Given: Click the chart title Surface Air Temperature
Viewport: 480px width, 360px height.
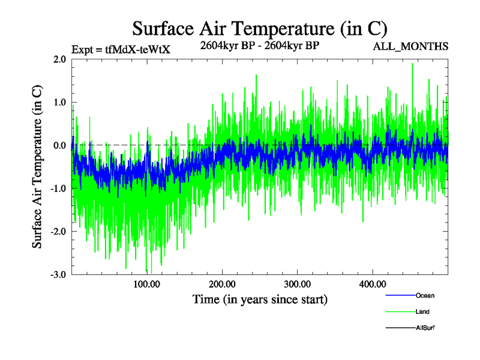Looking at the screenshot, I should (x=259, y=28).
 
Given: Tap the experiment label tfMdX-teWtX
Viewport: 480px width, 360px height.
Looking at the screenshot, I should (x=121, y=49).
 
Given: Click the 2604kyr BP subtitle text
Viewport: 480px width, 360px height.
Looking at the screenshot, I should (x=259, y=44).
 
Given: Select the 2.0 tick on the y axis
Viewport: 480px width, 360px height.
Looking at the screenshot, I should (x=59, y=59).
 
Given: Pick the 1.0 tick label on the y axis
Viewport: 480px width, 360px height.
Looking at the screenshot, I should (x=59, y=103).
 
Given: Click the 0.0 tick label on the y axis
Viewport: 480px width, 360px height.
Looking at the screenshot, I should (x=59, y=145).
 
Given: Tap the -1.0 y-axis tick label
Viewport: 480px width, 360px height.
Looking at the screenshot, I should (x=58, y=188).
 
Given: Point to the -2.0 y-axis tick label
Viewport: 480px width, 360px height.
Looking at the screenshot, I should (x=58, y=232).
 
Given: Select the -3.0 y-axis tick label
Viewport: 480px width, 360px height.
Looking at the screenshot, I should (x=58, y=275).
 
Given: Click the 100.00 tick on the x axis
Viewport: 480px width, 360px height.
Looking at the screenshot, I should (x=146, y=284).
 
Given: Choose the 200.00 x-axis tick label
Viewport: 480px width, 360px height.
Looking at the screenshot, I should (x=221, y=284).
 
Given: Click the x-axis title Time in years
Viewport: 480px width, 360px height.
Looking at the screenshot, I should (x=260, y=299).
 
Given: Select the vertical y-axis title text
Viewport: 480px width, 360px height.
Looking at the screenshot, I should (x=37, y=167).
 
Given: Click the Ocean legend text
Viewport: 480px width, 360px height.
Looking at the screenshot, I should (x=425, y=295).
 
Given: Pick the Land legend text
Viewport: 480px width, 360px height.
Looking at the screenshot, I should (x=422, y=311).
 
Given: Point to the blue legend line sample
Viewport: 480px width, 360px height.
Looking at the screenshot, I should (x=400, y=295).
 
